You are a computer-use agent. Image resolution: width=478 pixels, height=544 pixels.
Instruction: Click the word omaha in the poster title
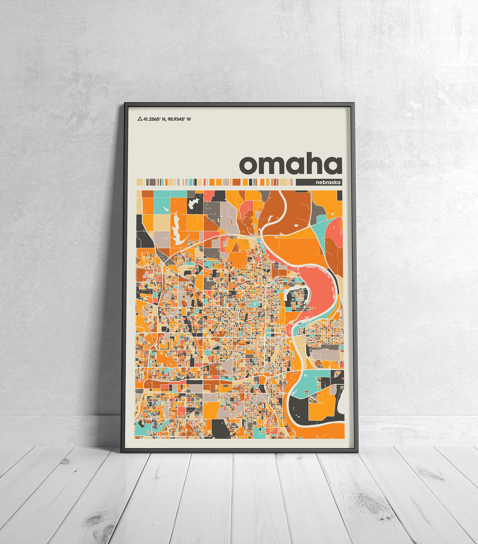point(291,164)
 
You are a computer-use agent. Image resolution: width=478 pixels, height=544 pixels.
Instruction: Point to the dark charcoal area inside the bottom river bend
point(298,409)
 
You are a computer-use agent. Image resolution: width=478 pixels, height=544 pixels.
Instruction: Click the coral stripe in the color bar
point(205,182)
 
